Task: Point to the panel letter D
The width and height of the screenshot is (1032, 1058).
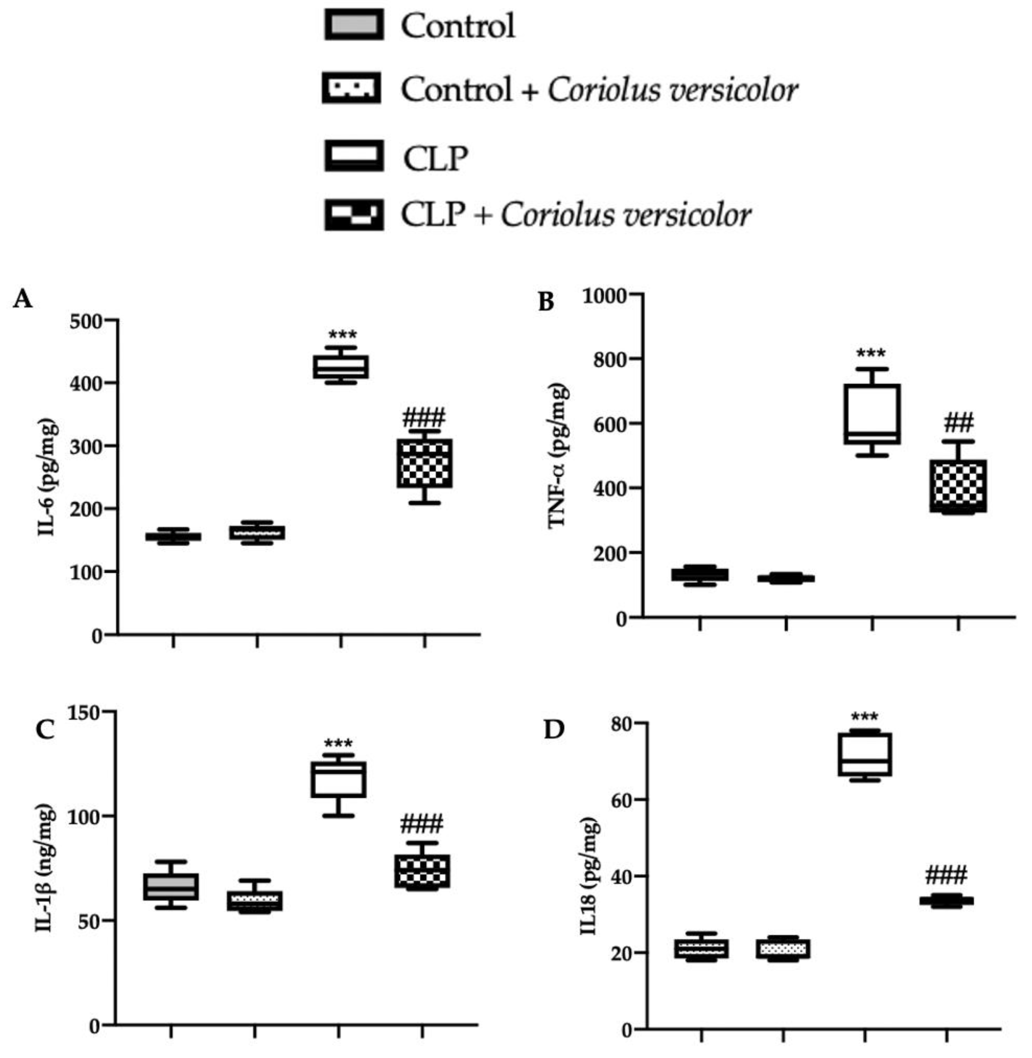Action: [554, 729]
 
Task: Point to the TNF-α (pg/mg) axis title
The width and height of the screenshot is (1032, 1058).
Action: [558, 456]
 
